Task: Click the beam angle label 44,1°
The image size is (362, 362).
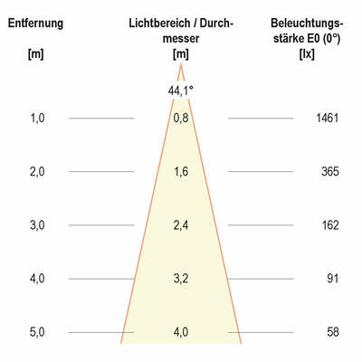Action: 181,90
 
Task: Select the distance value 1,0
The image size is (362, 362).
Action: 37,119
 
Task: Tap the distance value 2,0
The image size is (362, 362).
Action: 37,172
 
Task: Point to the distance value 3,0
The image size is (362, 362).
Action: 37,225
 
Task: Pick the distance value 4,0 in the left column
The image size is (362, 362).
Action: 37,279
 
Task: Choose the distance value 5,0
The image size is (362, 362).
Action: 37,332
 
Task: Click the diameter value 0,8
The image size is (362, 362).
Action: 181,119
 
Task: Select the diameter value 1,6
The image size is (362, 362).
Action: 181,172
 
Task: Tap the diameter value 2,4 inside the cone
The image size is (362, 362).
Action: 181,225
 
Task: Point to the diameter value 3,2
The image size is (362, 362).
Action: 181,279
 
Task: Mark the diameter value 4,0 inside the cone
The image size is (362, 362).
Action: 181,332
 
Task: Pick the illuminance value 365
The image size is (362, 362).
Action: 329,172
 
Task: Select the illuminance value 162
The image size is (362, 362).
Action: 329,225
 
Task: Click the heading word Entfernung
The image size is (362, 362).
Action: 35,23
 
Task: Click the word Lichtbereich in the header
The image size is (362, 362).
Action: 161,23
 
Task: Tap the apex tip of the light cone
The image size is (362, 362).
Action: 181,65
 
